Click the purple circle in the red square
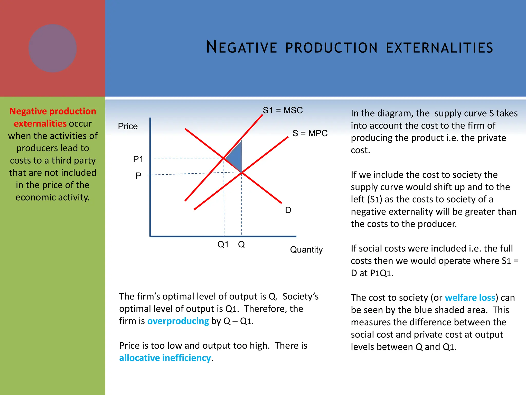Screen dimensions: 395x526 click(53, 48)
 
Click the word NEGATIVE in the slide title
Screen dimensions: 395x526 click(242, 48)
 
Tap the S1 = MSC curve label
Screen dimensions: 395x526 click(283, 110)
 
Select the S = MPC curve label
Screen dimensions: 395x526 click(310, 133)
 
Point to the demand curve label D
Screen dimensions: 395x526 click(288, 210)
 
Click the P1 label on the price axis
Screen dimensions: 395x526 click(138, 159)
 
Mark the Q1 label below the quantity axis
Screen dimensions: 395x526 click(223, 244)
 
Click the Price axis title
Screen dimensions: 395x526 click(128, 126)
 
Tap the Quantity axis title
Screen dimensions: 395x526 click(306, 249)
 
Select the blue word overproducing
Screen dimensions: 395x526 click(178, 321)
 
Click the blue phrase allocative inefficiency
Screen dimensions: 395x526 click(165, 358)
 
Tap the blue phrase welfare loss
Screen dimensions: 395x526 click(470, 298)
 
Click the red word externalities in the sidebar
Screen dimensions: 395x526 click(40, 123)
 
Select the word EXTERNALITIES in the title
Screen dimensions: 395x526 click(439, 48)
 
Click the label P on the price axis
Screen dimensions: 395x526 click(138, 176)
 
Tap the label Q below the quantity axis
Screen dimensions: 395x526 click(241, 244)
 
